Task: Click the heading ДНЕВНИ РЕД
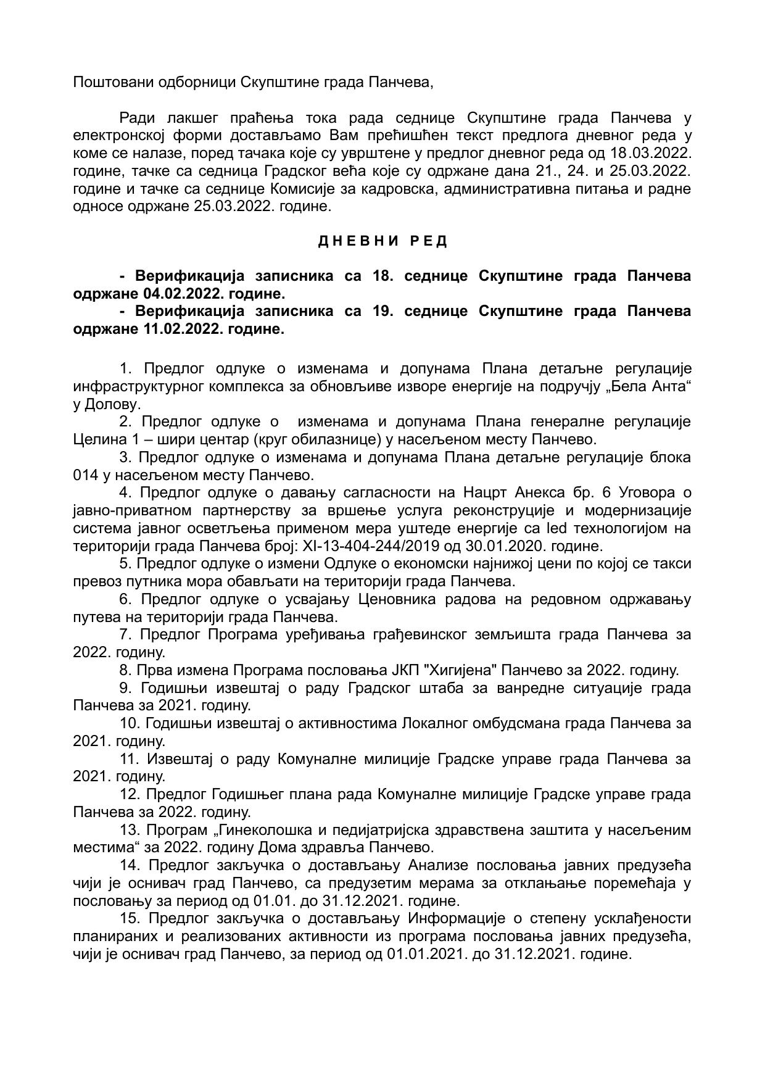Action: pos(382,241)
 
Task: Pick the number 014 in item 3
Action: pos(85,475)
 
